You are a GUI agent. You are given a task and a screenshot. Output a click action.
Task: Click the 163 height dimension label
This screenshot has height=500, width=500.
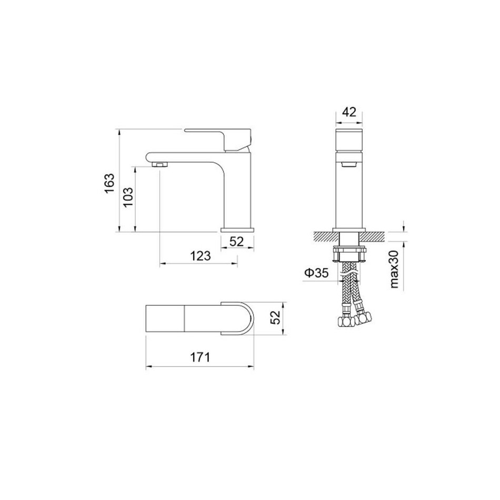pos(109,183)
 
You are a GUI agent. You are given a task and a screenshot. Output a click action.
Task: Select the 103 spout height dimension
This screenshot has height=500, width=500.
pos(128,197)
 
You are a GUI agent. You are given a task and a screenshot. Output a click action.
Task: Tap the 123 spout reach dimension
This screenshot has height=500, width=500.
pos(201,256)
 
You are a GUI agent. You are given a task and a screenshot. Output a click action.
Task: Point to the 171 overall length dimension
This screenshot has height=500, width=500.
pos(200,357)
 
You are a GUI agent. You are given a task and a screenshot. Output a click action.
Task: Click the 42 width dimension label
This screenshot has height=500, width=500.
pos(349,112)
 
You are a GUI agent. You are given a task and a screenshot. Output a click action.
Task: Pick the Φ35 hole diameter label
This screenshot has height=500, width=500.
pos(316,273)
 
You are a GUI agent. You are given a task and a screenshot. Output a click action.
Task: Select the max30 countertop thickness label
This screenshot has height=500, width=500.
pos(394,269)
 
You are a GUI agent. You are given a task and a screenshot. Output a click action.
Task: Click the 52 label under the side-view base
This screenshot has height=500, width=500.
pos(237,242)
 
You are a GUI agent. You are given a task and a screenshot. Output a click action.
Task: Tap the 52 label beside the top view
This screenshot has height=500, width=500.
pos(275,317)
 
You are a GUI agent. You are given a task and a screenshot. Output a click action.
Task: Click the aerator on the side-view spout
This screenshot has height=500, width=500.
pos(160,165)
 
